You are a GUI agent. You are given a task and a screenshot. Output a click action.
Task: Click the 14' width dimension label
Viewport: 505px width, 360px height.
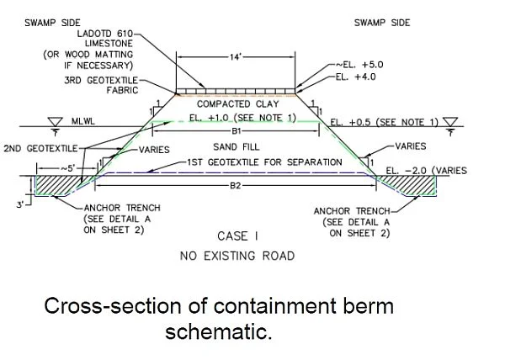[x=236, y=57]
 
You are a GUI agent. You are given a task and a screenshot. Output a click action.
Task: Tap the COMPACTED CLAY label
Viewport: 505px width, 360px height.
[x=237, y=104]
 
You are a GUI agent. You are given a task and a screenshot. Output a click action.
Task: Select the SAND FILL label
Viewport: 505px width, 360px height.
[x=236, y=147]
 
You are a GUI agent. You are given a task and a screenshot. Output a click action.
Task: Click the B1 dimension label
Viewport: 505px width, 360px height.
[x=236, y=131]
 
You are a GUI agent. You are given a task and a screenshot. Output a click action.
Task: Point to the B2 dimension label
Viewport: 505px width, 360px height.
[x=236, y=186]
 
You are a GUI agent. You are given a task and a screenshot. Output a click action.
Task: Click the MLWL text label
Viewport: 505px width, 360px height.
[x=83, y=121]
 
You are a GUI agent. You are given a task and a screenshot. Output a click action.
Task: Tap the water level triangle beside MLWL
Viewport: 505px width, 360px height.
[x=55, y=122]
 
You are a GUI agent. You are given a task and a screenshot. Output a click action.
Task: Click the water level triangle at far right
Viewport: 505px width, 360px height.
[x=450, y=122]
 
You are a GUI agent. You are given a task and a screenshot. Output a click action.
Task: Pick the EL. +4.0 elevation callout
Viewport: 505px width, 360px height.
[x=355, y=77]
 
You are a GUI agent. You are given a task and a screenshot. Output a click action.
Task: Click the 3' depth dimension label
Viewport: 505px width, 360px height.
[x=20, y=204]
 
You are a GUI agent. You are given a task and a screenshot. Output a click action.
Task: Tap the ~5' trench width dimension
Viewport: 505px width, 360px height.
[x=67, y=168]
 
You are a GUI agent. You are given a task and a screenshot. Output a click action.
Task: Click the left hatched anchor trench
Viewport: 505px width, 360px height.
[x=58, y=185]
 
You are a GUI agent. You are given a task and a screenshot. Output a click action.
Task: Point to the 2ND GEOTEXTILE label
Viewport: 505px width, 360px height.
[x=40, y=148]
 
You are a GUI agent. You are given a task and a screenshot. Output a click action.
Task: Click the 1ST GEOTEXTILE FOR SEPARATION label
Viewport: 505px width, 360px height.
[x=264, y=162]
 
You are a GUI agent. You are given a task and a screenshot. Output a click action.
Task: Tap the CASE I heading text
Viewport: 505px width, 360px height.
[x=237, y=236]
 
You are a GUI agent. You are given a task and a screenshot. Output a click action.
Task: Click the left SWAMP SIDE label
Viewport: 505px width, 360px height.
[x=52, y=23]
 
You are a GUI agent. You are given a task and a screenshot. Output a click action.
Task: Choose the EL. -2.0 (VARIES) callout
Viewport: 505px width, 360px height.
[x=426, y=171]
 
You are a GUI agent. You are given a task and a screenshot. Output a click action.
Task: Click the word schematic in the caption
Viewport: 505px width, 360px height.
[x=219, y=331]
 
